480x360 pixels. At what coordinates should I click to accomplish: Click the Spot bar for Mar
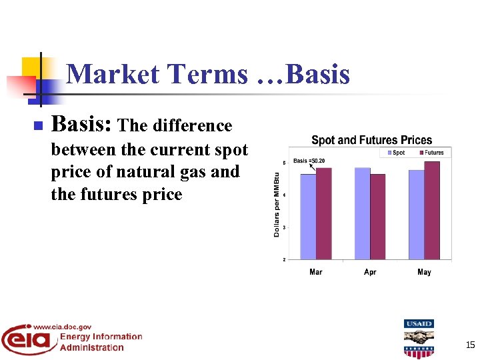(307, 217)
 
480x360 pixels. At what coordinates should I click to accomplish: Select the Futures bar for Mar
(323, 213)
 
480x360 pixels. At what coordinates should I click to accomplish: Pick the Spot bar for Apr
(362, 213)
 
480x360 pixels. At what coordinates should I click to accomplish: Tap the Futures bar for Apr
(378, 217)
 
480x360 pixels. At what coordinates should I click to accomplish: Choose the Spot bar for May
(416, 215)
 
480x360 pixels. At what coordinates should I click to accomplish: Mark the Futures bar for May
(432, 210)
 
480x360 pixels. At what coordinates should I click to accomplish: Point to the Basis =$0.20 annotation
(309, 161)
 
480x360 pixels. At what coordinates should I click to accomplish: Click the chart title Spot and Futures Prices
(371, 140)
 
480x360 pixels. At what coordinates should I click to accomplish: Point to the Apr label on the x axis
(370, 272)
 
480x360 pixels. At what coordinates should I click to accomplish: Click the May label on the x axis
(424, 272)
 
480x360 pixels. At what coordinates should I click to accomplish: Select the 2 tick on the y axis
(285, 259)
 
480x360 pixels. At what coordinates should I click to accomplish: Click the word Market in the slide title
(111, 74)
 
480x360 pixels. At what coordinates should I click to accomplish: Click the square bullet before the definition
(37, 125)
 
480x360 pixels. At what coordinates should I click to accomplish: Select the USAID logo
(418, 338)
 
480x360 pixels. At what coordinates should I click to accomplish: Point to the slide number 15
(470, 345)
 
